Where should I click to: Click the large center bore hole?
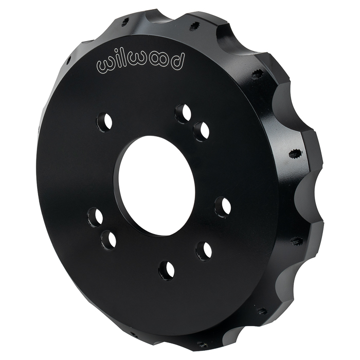[155, 185]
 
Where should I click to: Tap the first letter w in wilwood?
[106, 66]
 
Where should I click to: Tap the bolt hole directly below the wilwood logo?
[105, 122]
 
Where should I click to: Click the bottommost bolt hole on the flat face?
[166, 270]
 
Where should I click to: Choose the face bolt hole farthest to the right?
[222, 207]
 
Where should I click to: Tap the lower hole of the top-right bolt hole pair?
[201, 131]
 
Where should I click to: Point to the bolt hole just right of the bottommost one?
[204, 250]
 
